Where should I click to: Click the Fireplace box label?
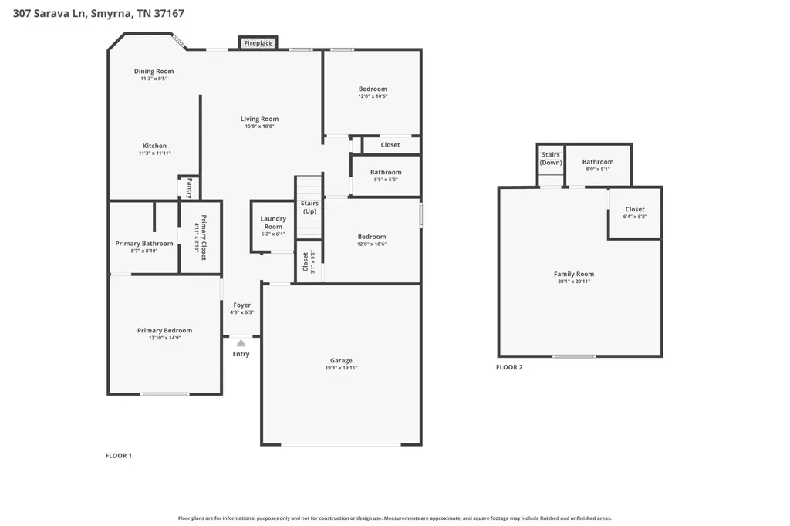(258, 43)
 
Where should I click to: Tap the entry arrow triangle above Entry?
(241, 343)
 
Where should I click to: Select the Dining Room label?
(154, 71)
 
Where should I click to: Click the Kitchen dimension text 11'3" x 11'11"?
(154, 153)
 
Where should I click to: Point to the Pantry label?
(190, 187)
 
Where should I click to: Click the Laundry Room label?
(273, 223)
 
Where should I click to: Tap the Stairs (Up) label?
(309, 207)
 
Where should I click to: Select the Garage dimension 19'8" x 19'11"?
(341, 368)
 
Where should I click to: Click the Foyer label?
(241, 305)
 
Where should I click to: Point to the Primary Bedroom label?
(165, 331)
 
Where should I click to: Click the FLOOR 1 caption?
(118, 456)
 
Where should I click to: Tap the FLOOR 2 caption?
(509, 367)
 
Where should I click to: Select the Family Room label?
(574, 274)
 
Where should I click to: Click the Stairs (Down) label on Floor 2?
(551, 159)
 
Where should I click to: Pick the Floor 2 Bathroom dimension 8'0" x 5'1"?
(598, 169)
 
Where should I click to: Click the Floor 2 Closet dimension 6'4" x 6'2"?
(635, 217)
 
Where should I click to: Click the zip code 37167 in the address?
(169, 14)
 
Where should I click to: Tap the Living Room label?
(259, 119)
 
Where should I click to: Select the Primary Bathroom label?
(144, 244)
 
